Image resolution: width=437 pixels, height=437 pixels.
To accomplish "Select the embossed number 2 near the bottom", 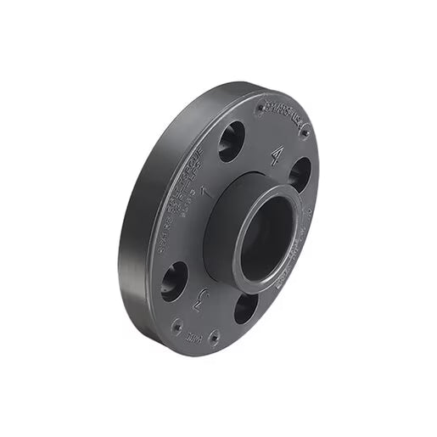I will (200, 298).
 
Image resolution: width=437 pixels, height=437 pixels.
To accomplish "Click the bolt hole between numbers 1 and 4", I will (231, 141).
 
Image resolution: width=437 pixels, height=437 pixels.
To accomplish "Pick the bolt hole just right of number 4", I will (300, 175).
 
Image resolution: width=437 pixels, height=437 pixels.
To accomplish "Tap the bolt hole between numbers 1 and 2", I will (174, 281).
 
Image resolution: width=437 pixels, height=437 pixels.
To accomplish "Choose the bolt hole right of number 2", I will (244, 307).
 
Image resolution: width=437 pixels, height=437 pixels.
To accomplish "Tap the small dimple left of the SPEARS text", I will (261, 108).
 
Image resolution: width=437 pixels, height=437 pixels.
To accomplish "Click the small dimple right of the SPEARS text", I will (304, 132).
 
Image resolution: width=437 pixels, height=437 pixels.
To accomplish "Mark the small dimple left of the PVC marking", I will (176, 325).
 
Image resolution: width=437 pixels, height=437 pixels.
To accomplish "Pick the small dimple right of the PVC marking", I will (214, 337).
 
